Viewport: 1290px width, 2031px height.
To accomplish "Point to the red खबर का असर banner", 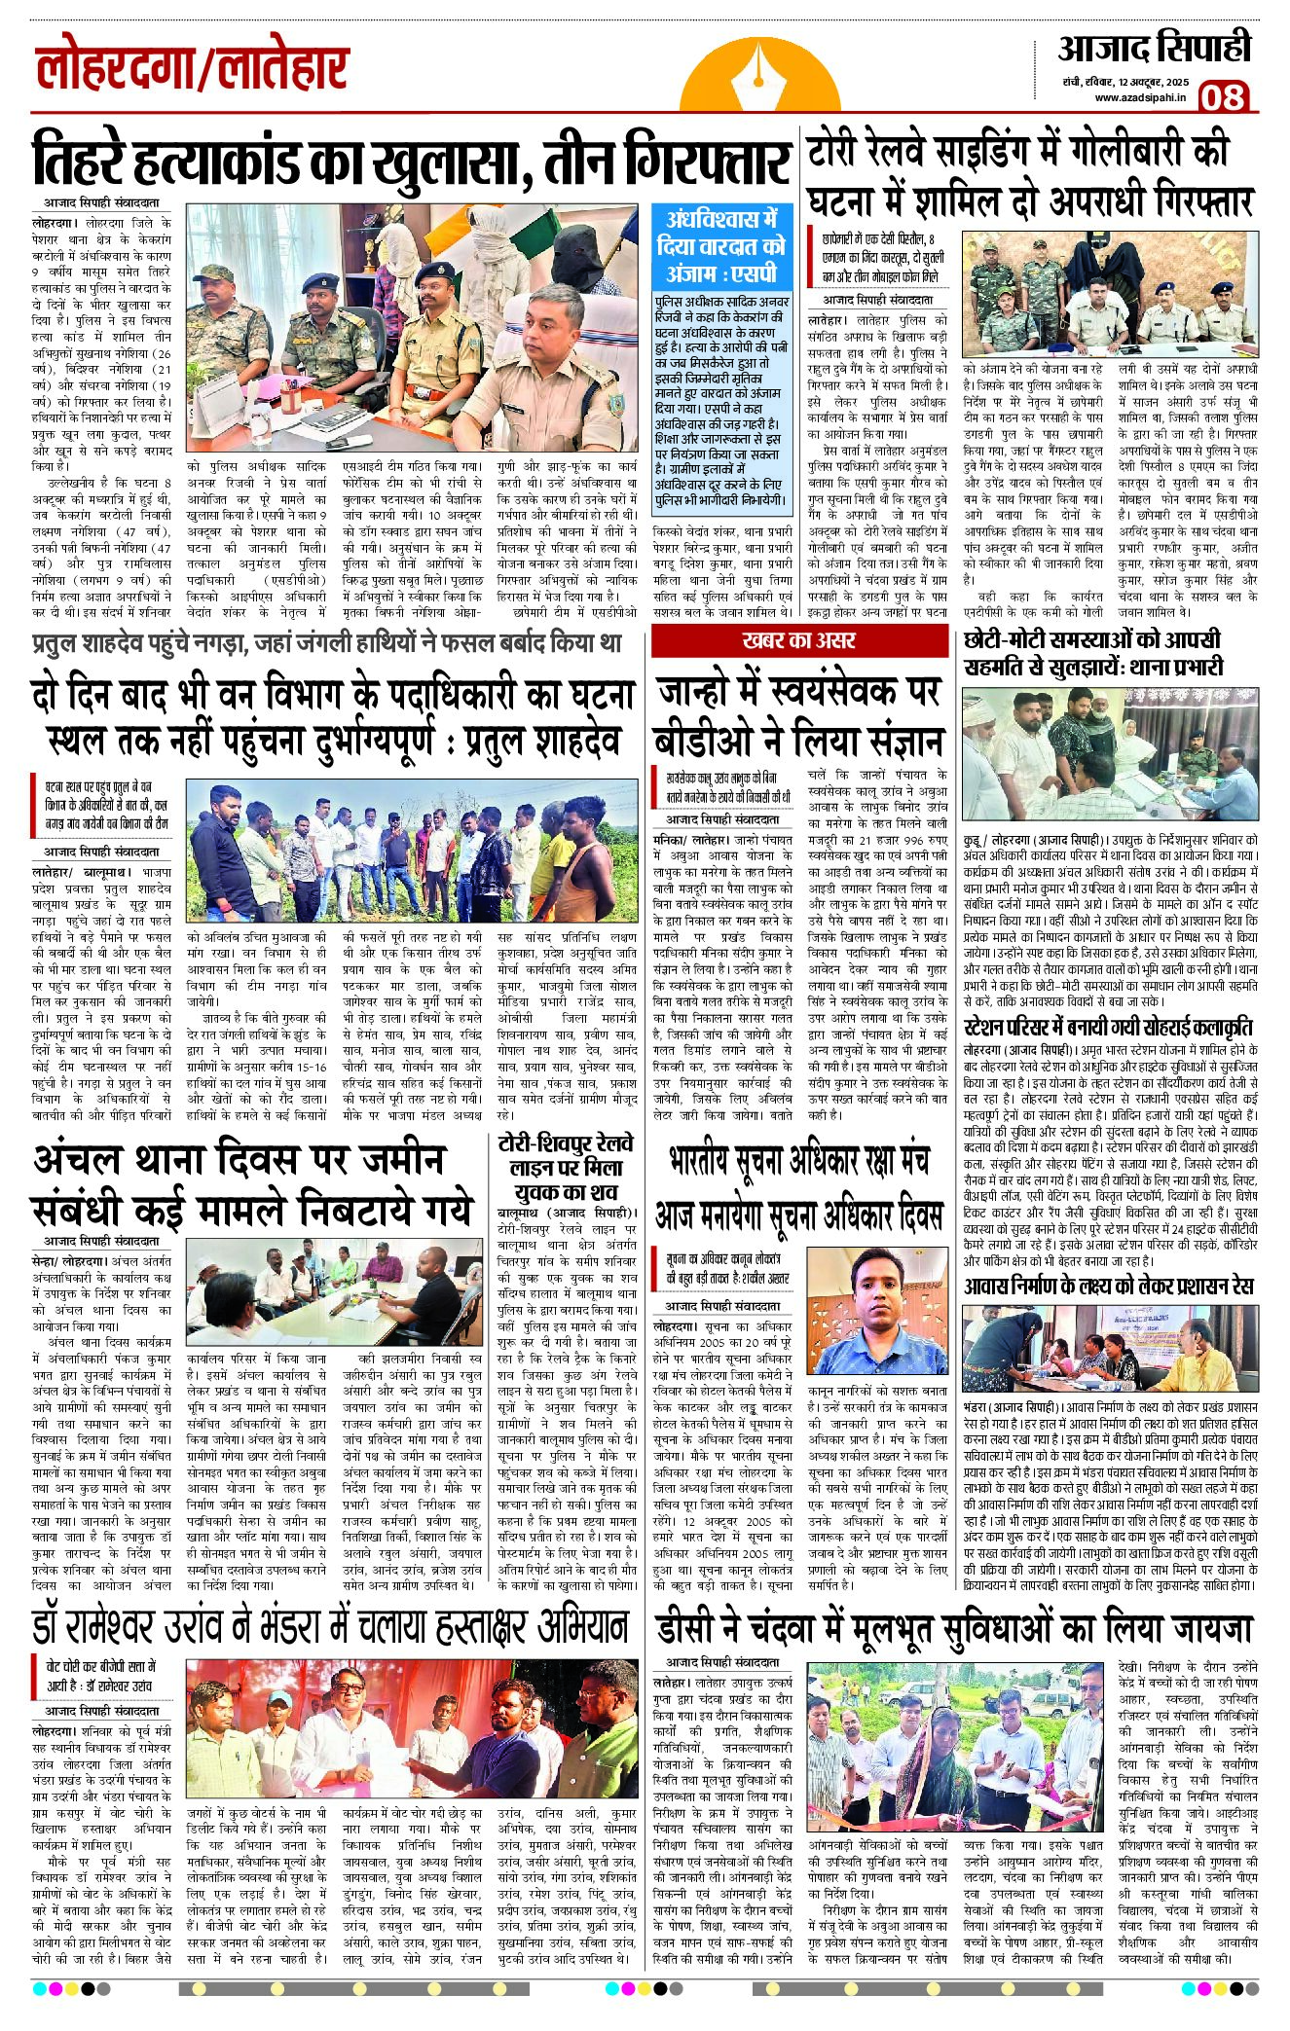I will (798, 640).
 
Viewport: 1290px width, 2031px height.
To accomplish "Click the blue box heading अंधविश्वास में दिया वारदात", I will (719, 245).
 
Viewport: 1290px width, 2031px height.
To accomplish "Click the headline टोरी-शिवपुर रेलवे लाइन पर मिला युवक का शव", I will (565, 1168).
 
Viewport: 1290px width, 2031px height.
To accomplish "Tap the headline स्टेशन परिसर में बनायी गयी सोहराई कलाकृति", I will (1107, 1028).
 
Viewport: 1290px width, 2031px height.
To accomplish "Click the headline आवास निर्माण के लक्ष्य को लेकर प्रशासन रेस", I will (1108, 1286).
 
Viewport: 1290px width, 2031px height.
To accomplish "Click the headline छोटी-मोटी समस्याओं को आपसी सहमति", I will (1092, 653).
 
